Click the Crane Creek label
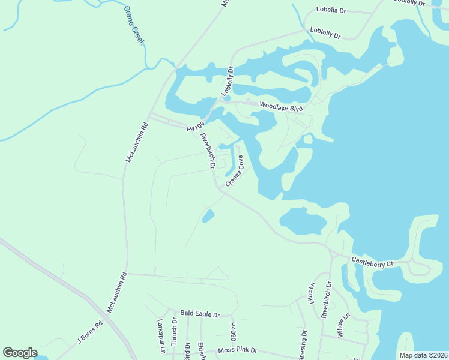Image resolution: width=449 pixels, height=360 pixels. pos(135,26)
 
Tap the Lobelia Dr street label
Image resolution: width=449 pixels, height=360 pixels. pos(331,11)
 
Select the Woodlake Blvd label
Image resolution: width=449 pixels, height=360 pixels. pos(282,106)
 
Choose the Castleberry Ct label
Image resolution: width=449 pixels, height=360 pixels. pos(372,262)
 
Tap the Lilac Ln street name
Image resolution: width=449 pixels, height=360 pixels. pos(311,295)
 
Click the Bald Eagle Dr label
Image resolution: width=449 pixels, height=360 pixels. pos(200,314)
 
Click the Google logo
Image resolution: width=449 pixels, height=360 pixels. pos(20,353)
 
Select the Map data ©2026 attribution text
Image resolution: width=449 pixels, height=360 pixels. pos(423,355)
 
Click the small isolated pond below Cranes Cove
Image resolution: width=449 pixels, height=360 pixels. pos(208,215)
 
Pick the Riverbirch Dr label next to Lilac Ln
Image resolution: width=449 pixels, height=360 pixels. pos(327,300)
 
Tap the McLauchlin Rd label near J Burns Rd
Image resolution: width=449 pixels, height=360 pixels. pos(117,293)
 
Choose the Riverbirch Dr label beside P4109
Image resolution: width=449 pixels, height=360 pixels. pos(208,151)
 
